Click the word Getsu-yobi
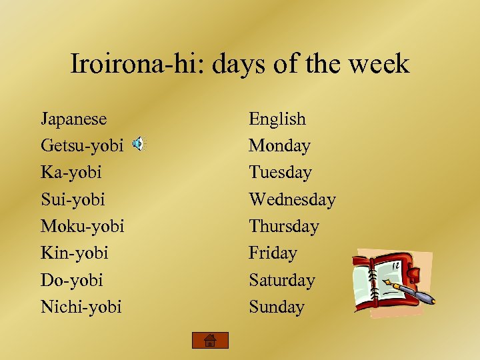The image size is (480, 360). pos(81,145)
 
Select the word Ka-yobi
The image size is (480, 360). pos(71,172)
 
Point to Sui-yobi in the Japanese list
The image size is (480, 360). pos(73,199)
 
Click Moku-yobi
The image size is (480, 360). pos(82,226)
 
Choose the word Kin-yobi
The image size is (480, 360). pos(74,253)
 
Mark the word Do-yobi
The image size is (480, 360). pos(71,280)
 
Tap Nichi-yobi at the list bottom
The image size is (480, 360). pos(81,307)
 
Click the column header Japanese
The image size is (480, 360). pos(73,119)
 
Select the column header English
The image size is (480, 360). pos(277,119)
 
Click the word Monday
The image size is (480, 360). pos(279,145)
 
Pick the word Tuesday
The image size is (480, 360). pos(280,172)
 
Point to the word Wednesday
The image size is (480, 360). pos(292,199)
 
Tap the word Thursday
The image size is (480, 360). pos(283,226)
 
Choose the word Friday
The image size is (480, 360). pos(273,253)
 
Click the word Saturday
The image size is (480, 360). pos(281,280)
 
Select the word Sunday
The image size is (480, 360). pos(276,307)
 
